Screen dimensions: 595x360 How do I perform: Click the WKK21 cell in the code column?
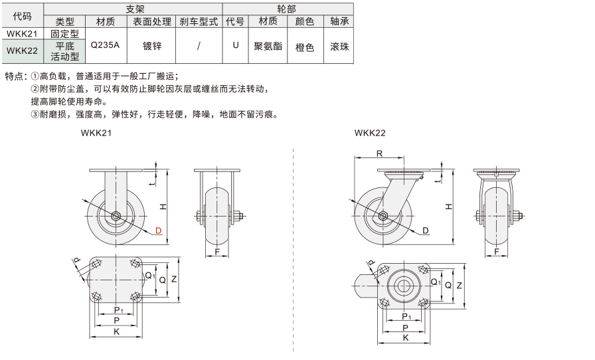22,33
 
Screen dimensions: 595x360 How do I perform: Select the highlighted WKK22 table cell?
22,50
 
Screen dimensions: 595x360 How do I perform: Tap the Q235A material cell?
105,45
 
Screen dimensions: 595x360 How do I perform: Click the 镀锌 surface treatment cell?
152,46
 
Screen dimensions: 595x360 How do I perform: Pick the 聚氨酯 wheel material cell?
268,46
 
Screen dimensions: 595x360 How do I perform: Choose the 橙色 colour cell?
305,47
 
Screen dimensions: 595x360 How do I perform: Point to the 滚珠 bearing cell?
339,46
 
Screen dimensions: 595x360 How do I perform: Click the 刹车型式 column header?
199,22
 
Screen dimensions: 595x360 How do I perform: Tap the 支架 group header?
135,9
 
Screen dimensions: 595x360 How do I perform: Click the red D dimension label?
158,230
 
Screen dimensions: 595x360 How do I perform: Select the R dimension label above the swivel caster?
379,153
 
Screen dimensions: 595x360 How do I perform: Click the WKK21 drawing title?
96,133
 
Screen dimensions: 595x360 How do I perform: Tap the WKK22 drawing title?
370,133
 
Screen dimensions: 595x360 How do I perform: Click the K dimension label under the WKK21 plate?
116,331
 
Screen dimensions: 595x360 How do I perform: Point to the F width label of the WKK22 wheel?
496,251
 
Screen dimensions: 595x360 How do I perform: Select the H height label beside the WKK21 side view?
163,207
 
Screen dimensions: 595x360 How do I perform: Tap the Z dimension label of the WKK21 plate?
174,279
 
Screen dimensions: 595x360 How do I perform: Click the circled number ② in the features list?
35,89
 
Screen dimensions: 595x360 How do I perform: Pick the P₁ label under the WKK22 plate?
406,317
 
